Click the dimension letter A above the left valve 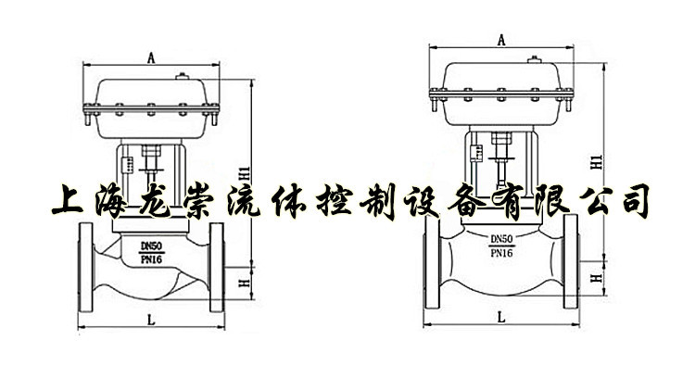(151, 57)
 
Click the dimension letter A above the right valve (501, 41)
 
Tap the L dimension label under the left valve (152, 320)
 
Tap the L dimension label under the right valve (501, 317)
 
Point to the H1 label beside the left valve (245, 173)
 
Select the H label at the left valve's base (245, 283)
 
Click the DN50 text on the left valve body (152, 246)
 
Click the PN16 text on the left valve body (152, 259)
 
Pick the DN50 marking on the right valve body (501, 239)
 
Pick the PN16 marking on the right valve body (501, 253)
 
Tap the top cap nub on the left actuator (182, 77)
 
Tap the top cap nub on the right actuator (534, 60)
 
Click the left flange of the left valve (85, 267)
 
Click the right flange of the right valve (571, 261)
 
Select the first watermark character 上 (68, 201)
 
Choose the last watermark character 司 (635, 200)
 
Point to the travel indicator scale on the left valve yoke (129, 164)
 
